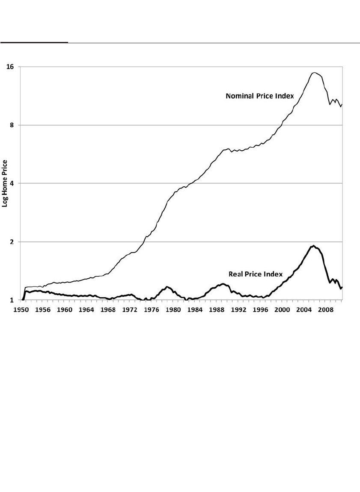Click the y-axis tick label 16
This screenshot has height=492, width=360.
pyautogui.click(x=10, y=67)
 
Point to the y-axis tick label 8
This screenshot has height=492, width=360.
pyautogui.click(x=12, y=125)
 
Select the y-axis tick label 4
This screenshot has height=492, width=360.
pyautogui.click(x=12, y=183)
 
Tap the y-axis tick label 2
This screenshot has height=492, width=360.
pyautogui.click(x=12, y=242)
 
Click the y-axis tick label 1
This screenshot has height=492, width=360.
pyautogui.click(x=12, y=300)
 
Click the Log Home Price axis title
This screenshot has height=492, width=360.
pyautogui.click(x=5, y=183)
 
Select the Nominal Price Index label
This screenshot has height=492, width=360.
pyautogui.click(x=259, y=96)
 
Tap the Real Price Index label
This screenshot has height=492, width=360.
pyautogui.click(x=256, y=274)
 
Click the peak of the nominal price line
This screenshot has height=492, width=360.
pyautogui.click(x=315, y=72)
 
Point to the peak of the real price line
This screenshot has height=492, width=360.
pyautogui.click(x=314, y=245)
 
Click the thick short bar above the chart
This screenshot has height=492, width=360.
pyautogui.click(x=34, y=42)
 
